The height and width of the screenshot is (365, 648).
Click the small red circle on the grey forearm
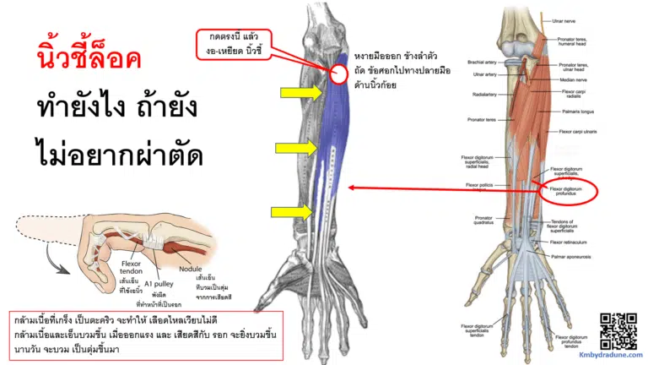coord(339,74)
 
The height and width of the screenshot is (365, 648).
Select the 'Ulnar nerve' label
coord(563,19)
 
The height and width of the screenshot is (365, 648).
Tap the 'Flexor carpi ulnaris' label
coord(578,133)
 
